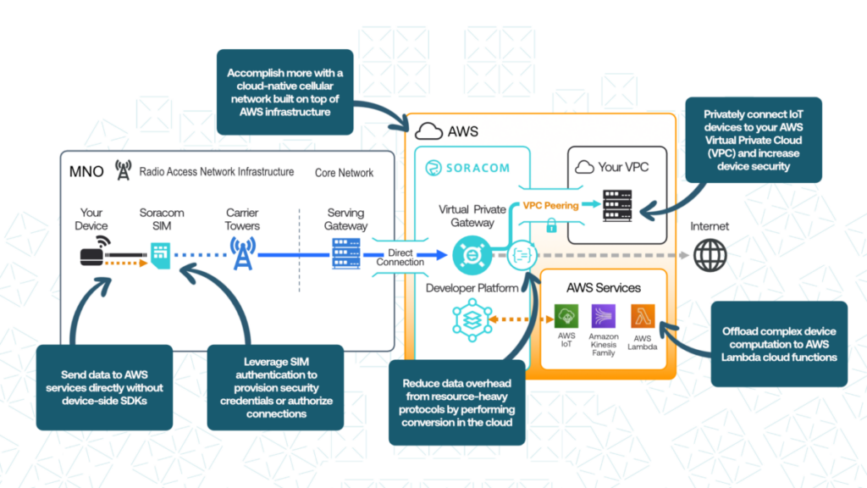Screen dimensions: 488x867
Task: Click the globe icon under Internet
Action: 709,254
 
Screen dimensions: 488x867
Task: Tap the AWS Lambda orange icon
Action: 642,317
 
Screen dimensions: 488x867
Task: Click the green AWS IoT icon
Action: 566,317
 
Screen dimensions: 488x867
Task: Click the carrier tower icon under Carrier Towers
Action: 242,252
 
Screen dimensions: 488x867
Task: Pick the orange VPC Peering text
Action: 550,205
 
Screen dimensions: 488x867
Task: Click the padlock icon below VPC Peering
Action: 551,226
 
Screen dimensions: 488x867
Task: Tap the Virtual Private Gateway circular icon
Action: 467,253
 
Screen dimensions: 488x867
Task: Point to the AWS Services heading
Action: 604,288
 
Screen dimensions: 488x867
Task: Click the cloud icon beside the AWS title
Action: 428,131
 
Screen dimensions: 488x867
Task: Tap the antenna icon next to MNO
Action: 123,172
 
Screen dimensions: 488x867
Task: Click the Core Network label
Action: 344,173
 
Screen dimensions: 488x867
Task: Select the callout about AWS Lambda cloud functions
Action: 779,344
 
